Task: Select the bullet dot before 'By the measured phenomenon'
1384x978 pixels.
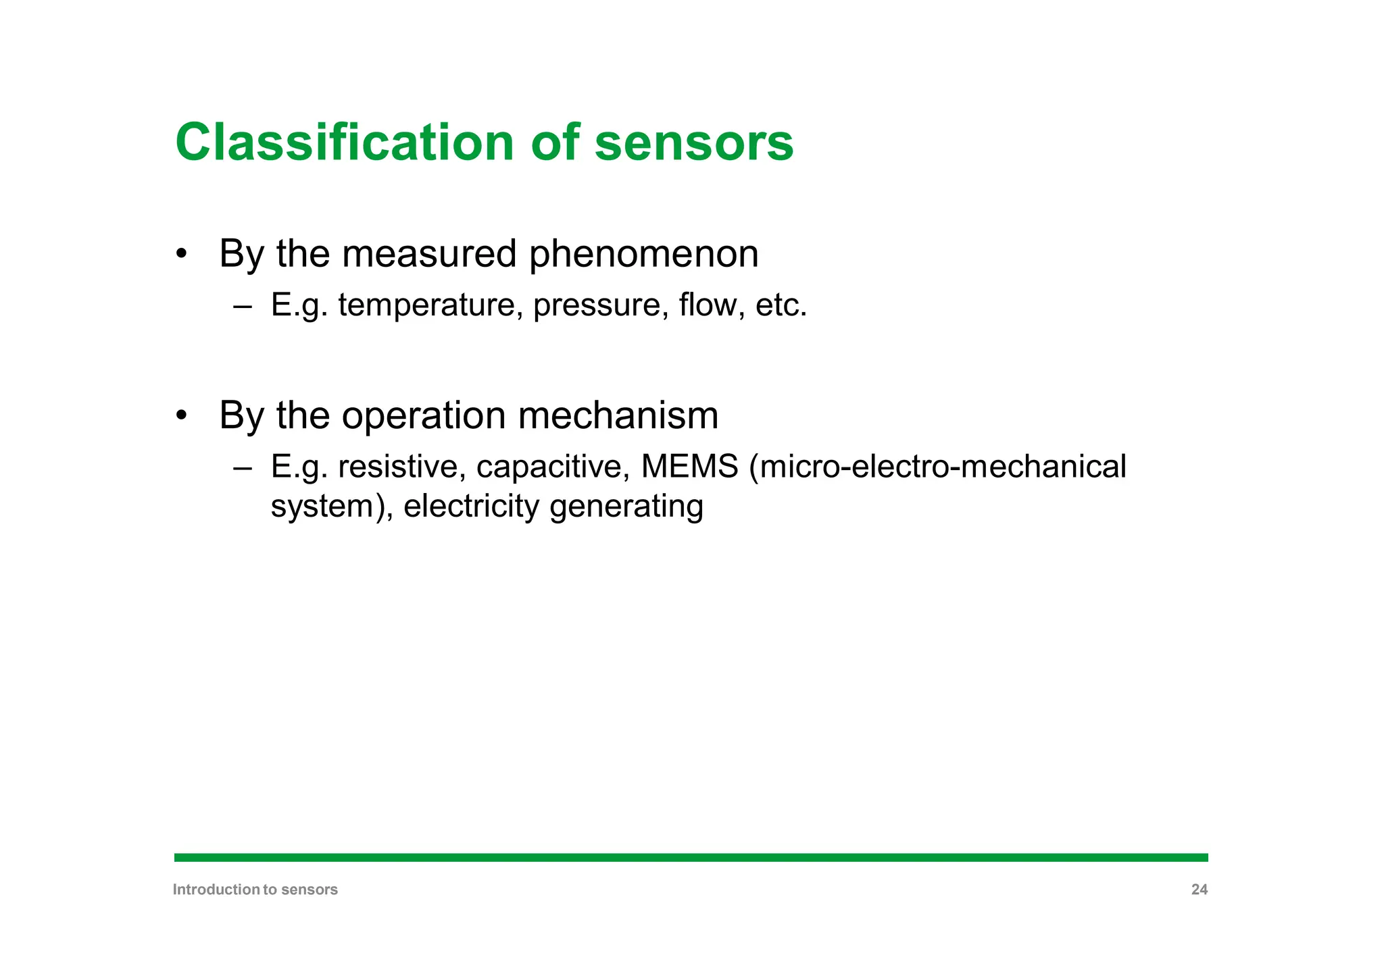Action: pos(180,255)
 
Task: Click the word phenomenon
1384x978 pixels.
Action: pos(643,255)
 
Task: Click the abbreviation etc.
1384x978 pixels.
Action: pos(781,305)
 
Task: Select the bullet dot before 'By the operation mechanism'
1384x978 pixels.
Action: pos(180,415)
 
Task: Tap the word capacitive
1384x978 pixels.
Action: pos(553,467)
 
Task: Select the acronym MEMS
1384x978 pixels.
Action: pos(689,467)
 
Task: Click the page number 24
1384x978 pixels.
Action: pos(1199,890)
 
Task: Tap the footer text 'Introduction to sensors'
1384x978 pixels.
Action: pos(255,890)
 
